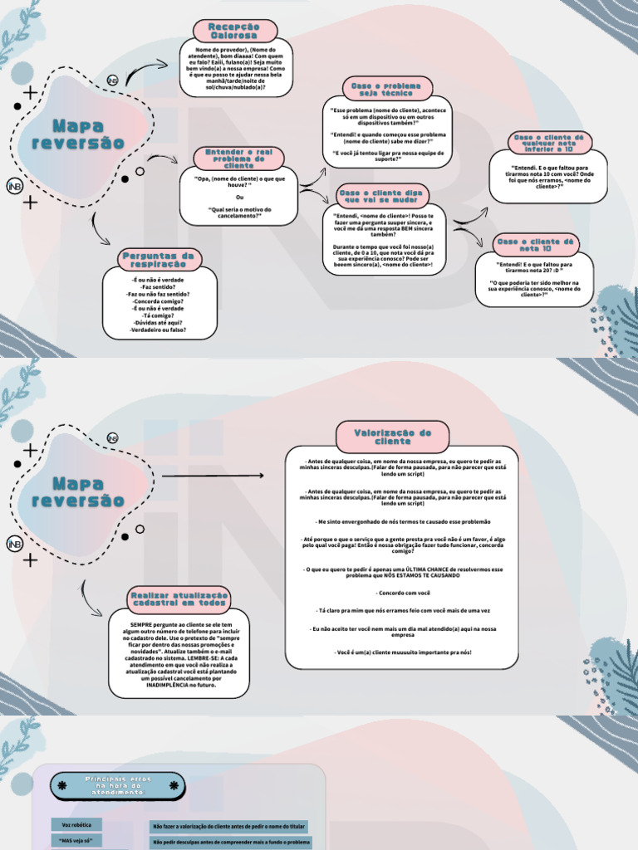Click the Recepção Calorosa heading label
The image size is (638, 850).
(x=233, y=32)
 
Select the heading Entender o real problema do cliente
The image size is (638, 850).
(x=238, y=159)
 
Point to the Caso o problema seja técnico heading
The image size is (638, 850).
(x=386, y=90)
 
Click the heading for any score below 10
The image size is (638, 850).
(x=550, y=143)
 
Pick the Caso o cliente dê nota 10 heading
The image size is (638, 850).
(x=534, y=244)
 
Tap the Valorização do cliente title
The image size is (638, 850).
(x=393, y=437)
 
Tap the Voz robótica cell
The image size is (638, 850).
(x=76, y=824)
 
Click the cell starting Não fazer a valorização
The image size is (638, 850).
(x=228, y=827)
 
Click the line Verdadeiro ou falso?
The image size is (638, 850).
(x=158, y=330)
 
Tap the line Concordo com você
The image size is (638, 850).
(x=403, y=594)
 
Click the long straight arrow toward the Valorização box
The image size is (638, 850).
(x=213, y=476)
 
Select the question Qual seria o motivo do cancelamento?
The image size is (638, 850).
(x=239, y=213)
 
